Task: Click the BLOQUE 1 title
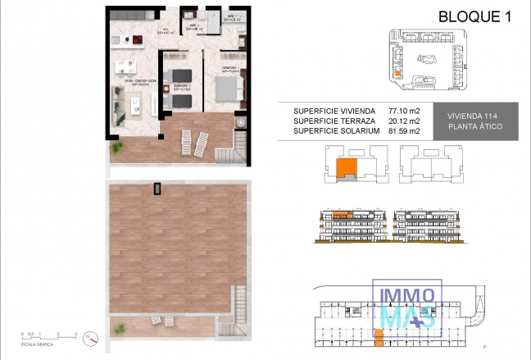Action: click(470, 15)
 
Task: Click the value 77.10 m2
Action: click(403, 111)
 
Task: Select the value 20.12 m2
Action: click(403, 121)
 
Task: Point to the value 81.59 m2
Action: click(403, 130)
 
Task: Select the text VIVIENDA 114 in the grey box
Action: click(475, 116)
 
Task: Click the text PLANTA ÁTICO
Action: click(475, 127)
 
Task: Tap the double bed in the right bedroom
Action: click(225, 84)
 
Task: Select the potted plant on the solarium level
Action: click(120, 326)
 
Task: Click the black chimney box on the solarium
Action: click(157, 189)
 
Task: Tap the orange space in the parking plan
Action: click(379, 335)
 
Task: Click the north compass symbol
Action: click(92, 336)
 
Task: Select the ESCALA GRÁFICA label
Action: click(38, 344)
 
